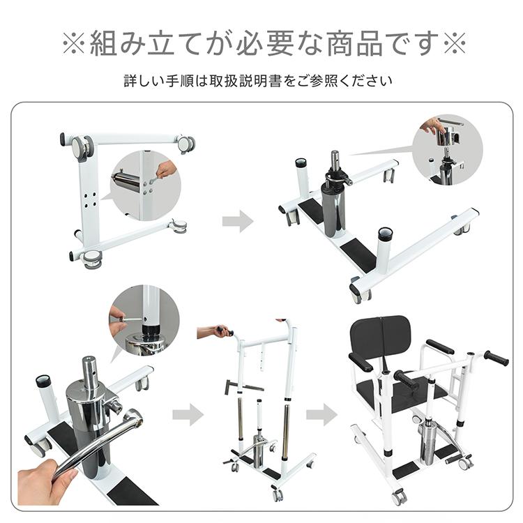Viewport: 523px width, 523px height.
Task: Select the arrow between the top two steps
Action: click(237, 222)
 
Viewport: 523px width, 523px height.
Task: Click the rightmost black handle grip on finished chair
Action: click(497, 358)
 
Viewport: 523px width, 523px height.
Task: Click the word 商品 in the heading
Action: click(344, 43)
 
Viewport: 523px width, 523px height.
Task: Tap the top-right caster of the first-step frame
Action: click(185, 144)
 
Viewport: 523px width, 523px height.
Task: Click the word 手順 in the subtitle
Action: click(182, 81)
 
